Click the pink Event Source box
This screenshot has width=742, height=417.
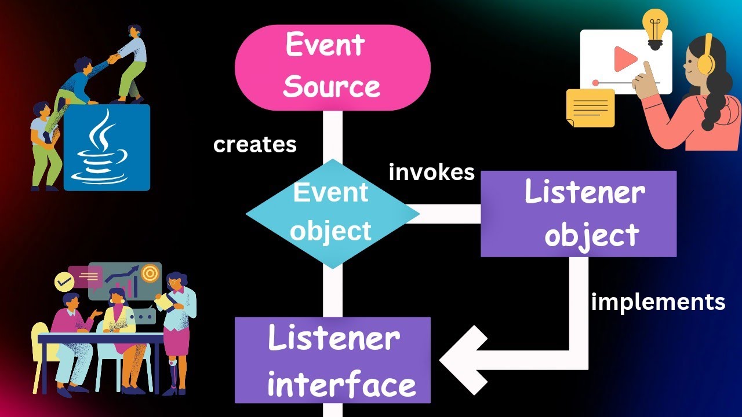(x=332, y=67)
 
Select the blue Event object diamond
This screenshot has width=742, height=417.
(x=332, y=214)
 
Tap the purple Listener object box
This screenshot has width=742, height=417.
(x=579, y=214)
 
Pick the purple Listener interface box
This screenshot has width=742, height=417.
(x=332, y=360)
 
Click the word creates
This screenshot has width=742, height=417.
(x=254, y=145)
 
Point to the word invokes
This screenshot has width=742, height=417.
(x=432, y=172)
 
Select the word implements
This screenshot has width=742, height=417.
(x=658, y=302)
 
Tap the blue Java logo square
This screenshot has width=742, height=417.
(x=107, y=148)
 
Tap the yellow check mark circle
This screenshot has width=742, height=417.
(x=64, y=282)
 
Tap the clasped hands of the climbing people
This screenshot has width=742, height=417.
(x=113, y=57)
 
